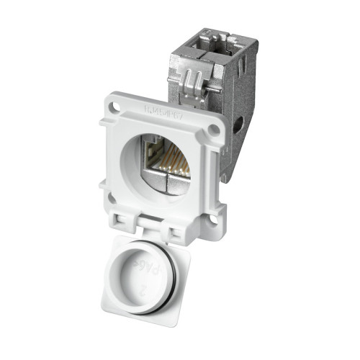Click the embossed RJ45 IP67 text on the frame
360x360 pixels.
pos(168,112)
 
